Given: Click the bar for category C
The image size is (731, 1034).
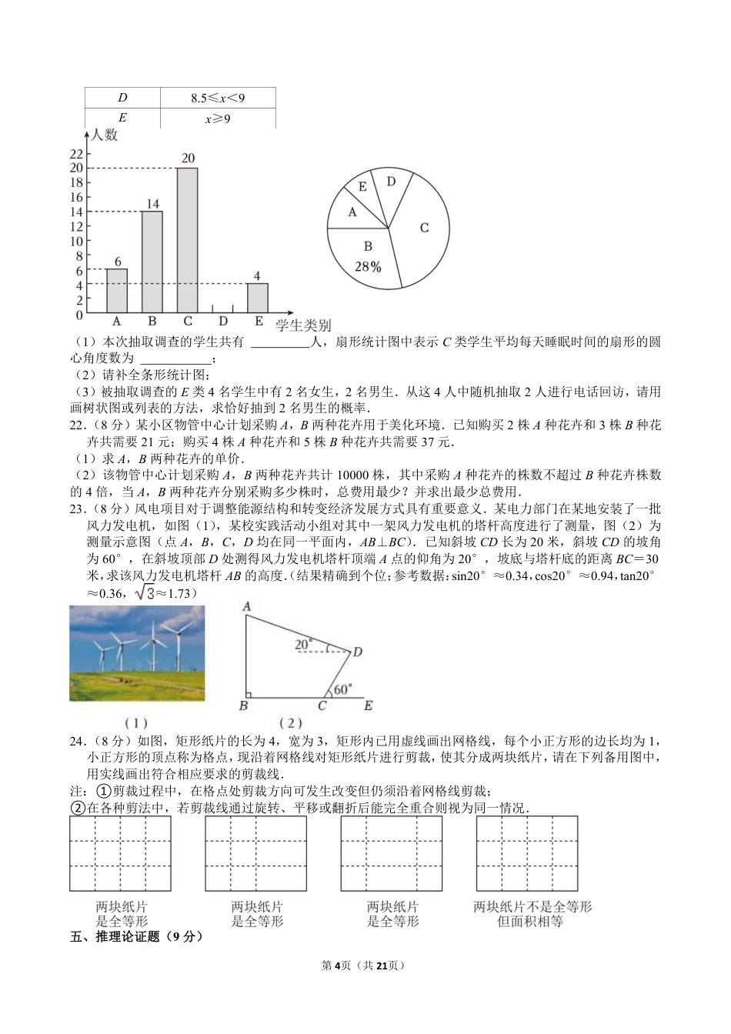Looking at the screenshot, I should [187, 240].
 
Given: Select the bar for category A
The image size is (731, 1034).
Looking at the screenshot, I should [117, 291].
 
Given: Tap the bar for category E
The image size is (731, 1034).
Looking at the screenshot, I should [258, 298].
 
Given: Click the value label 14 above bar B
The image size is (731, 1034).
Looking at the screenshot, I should [152, 204].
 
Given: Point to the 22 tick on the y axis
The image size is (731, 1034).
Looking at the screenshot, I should [76, 154].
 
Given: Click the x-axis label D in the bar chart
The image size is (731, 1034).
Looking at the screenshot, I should [223, 322].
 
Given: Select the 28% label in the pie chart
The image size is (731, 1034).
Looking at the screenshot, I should [368, 267].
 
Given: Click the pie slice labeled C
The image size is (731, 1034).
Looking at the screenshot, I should [422, 228].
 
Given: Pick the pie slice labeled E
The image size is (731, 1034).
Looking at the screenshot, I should [362, 187].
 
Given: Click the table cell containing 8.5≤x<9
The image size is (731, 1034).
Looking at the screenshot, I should [218, 98].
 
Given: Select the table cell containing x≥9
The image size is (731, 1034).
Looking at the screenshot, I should [218, 118].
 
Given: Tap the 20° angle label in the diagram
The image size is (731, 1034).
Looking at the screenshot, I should [304, 644].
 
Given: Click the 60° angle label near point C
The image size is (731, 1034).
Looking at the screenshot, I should [342, 689].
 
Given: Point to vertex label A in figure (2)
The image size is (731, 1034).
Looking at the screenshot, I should [247, 607].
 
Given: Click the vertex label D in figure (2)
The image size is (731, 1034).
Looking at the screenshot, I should [357, 652].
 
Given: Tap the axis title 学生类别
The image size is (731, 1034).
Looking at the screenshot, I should [303, 325].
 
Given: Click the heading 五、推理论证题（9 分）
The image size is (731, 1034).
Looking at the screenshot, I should [136, 937].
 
